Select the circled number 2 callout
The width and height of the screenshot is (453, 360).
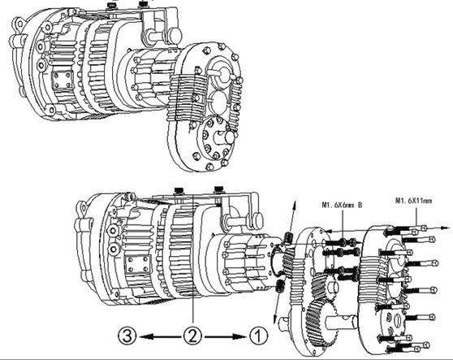[x=192, y=332]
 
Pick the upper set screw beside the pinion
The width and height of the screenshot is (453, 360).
[x=288, y=236]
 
